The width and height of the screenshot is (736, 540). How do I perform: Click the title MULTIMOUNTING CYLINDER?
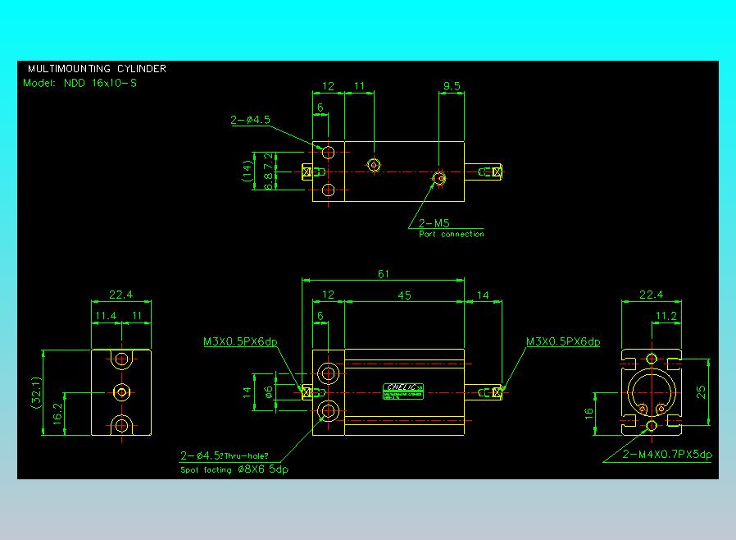[x=97, y=69]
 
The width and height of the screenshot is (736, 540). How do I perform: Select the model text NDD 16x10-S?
[x=80, y=83]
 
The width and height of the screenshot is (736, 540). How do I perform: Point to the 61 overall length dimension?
[x=384, y=274]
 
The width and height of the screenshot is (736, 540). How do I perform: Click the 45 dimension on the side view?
[x=405, y=295]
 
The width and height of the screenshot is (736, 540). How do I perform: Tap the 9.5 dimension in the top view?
[x=451, y=85]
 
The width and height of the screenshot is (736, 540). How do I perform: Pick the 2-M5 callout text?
[x=434, y=222]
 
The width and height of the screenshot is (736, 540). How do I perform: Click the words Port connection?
[x=451, y=235]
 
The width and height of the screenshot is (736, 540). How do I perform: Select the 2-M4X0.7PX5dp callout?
[x=667, y=454]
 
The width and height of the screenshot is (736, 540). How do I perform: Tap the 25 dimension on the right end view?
[x=702, y=391]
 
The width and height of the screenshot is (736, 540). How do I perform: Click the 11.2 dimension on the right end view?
[x=666, y=315]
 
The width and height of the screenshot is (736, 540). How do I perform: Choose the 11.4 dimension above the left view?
[x=106, y=315]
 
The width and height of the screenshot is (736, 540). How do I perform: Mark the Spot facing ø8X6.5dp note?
[x=234, y=469]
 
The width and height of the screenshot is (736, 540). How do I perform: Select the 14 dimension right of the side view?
[x=483, y=295]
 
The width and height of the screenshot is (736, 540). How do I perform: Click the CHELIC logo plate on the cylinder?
[x=402, y=388]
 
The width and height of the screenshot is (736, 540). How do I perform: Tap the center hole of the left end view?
[x=122, y=392]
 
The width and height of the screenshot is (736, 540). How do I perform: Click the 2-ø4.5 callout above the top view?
[x=250, y=120]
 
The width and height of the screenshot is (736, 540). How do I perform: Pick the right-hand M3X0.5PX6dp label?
[x=563, y=341]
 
